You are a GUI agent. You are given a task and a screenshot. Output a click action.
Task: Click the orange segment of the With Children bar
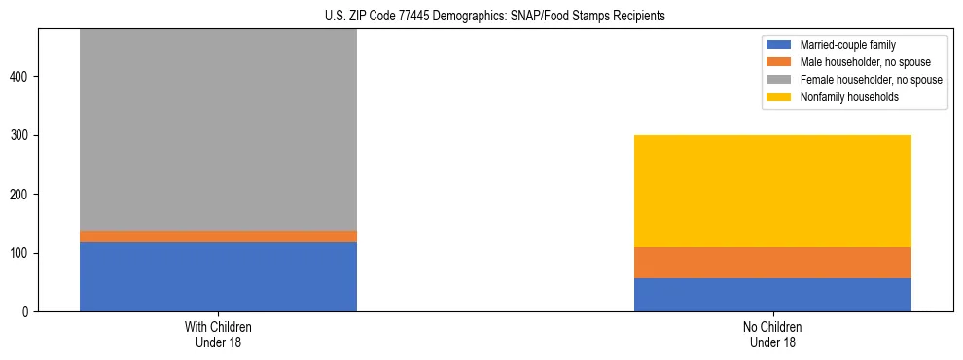pyautogui.click(x=218, y=236)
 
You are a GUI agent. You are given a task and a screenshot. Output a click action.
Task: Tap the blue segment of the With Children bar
pyautogui.click(x=218, y=277)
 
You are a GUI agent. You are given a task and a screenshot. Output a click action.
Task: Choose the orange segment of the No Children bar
pyautogui.click(x=772, y=263)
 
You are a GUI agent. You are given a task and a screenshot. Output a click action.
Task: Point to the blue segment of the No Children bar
pyautogui.click(x=772, y=295)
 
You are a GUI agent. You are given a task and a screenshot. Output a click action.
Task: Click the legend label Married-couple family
pyautogui.click(x=841, y=45)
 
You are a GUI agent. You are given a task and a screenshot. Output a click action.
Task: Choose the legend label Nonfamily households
pyautogui.click(x=842, y=97)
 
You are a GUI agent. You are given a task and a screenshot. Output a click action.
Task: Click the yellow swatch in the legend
pyautogui.click(x=780, y=97)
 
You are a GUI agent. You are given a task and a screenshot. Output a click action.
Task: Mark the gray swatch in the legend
pyautogui.click(x=780, y=80)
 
